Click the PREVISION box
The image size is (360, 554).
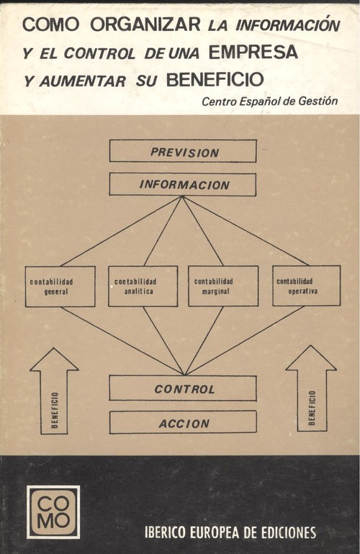[183, 151]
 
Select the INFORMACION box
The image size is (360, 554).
[182, 184]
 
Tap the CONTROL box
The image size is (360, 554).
[183, 388]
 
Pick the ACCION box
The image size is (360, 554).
[183, 422]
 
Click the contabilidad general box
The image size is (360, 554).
[60, 286]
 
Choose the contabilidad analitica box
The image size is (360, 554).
[143, 286]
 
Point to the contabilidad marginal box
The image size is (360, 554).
[223, 286]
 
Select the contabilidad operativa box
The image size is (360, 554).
[306, 286]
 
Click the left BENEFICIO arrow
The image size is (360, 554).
[54, 391]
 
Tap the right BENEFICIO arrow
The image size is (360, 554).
[311, 389]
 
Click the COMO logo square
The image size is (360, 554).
[53, 512]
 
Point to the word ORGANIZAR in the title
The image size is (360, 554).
[145, 24]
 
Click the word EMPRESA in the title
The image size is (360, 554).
[253, 52]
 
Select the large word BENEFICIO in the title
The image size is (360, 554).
[215, 79]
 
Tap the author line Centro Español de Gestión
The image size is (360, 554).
[269, 101]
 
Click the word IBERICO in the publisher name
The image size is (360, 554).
[165, 532]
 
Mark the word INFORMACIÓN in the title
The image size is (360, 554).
[287, 24]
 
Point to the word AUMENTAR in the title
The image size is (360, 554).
[82, 81]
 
